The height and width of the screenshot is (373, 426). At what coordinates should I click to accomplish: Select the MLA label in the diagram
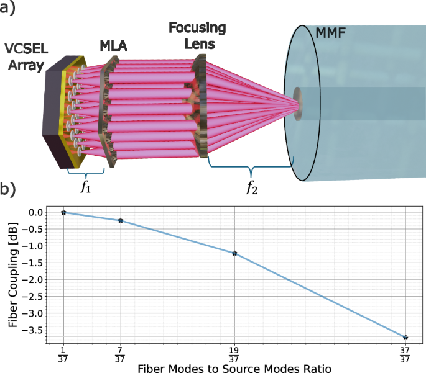pos(114,46)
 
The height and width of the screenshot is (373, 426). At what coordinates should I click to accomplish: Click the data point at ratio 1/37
pos(63,212)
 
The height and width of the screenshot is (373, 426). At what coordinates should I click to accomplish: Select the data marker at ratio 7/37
pos(121,220)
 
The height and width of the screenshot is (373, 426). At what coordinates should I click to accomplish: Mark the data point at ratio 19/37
pos(234,253)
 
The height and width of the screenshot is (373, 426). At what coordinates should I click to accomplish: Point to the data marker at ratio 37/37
pos(405,338)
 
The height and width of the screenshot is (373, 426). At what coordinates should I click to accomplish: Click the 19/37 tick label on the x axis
pos(234,356)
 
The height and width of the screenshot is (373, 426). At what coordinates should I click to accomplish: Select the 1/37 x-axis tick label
pos(63,356)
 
